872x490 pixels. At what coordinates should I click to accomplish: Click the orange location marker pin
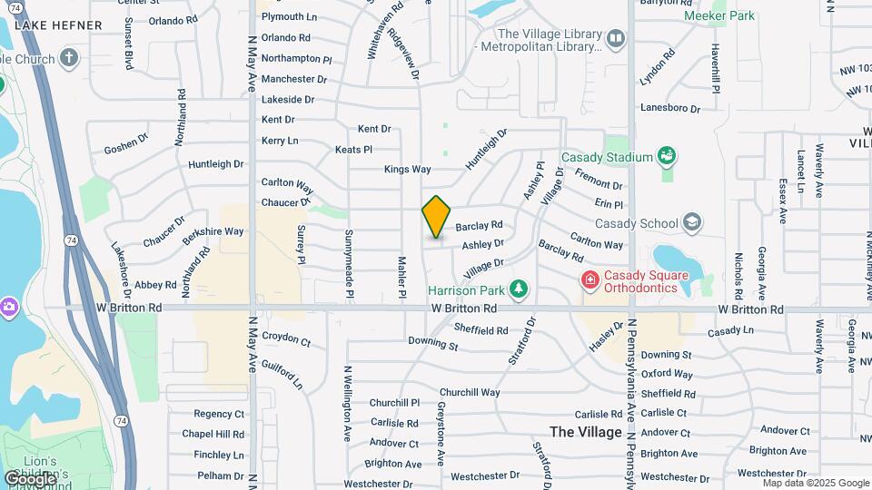(436, 216)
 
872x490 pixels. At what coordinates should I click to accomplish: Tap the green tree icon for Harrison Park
(519, 289)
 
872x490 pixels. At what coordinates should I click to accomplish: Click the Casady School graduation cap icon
(692, 222)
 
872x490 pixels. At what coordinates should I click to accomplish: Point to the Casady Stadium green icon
(668, 157)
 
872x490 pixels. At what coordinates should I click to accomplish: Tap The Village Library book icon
(617, 38)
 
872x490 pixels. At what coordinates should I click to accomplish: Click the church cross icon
(69, 59)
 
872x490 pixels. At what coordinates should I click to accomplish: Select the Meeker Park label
(719, 15)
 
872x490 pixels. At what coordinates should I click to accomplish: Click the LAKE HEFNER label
(59, 24)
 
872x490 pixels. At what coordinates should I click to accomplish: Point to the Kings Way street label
(407, 169)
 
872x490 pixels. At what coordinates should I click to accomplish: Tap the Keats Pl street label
(353, 149)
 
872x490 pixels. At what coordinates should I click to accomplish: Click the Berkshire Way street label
(213, 232)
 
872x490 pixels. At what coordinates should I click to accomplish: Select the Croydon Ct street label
(286, 338)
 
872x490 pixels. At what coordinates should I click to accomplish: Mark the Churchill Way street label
(471, 392)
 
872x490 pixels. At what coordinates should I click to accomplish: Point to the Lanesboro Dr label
(670, 108)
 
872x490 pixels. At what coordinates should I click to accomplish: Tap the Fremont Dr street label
(598, 184)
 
